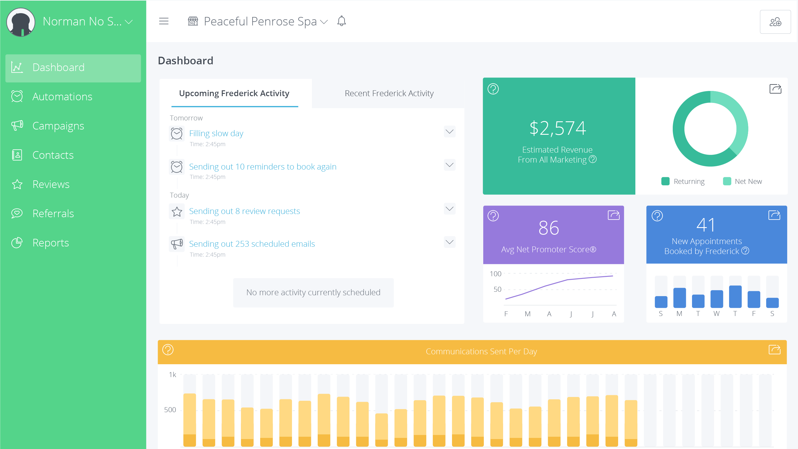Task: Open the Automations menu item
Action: (62, 97)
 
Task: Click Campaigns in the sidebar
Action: (58, 126)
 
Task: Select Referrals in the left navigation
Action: (53, 214)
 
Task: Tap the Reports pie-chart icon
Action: (17, 243)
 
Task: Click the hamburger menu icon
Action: (164, 21)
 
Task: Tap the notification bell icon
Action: (341, 21)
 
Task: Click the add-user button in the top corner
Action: (775, 22)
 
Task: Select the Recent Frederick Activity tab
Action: (389, 93)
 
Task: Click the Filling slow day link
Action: (216, 133)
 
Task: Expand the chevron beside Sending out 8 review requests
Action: (449, 209)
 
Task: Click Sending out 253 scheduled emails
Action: (252, 244)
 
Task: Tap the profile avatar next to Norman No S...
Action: (21, 22)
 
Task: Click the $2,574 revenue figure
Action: (558, 128)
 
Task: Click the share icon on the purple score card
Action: (613, 215)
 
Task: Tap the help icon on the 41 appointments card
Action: (657, 215)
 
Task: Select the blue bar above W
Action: (717, 299)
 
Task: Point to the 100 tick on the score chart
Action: (495, 274)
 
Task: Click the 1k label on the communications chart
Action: (172, 374)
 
